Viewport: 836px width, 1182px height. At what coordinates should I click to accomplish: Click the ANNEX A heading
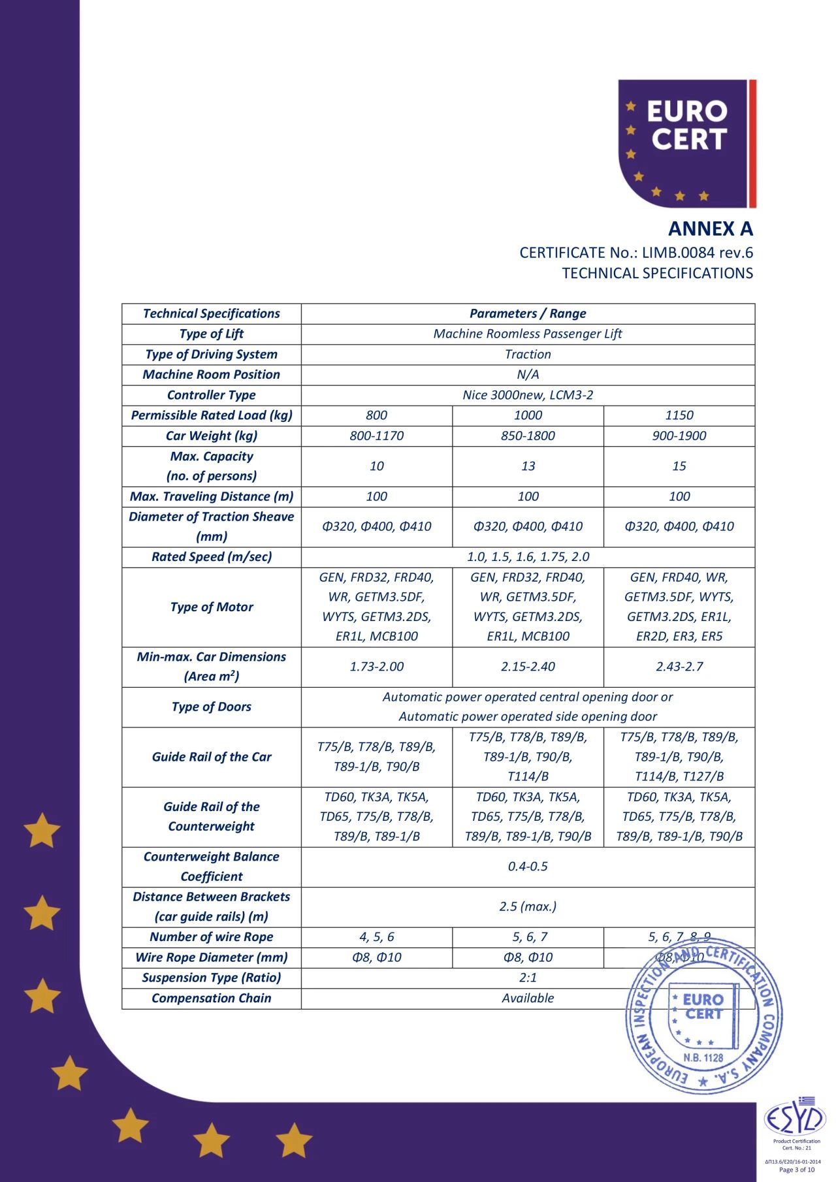point(710,229)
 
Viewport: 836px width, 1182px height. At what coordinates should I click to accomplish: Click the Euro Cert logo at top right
point(686,144)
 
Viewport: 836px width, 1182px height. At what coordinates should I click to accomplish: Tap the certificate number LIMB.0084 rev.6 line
point(636,253)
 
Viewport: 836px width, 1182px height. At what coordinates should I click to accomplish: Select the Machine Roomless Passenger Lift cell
point(528,334)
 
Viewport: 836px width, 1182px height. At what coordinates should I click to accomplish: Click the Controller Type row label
point(211,395)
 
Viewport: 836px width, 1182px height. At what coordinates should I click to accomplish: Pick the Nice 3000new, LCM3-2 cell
point(528,395)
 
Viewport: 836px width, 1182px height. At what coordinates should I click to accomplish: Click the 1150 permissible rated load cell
point(679,415)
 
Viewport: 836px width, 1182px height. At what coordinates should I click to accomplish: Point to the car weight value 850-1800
point(528,436)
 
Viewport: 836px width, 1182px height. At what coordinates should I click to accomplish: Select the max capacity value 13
point(528,466)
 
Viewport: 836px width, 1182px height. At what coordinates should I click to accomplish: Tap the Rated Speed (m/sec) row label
point(211,557)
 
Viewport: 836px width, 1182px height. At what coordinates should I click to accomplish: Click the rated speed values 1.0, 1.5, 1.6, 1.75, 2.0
point(528,557)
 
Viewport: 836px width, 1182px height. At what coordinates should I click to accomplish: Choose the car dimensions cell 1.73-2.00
point(376,667)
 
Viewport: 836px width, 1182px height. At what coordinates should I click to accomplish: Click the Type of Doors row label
point(211,707)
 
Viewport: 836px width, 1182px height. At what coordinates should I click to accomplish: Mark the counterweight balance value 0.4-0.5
point(528,867)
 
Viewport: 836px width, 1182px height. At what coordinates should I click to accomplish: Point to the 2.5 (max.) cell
point(528,906)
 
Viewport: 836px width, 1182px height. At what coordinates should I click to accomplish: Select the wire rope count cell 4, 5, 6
point(376,937)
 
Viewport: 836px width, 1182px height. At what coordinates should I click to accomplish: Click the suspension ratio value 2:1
point(528,978)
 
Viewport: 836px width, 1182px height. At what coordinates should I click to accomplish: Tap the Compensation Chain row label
point(211,998)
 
